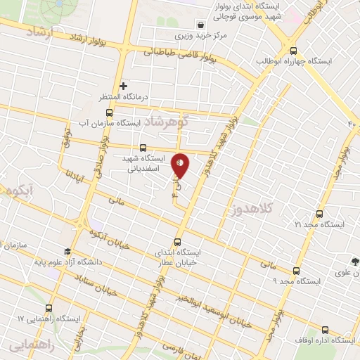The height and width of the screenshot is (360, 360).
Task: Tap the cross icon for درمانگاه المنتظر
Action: coord(124,86)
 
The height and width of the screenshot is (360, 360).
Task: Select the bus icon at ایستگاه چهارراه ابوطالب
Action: coord(293,50)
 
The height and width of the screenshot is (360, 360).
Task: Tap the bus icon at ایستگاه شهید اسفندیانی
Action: coord(143,148)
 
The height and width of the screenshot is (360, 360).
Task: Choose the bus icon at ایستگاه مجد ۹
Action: coord(295,269)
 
